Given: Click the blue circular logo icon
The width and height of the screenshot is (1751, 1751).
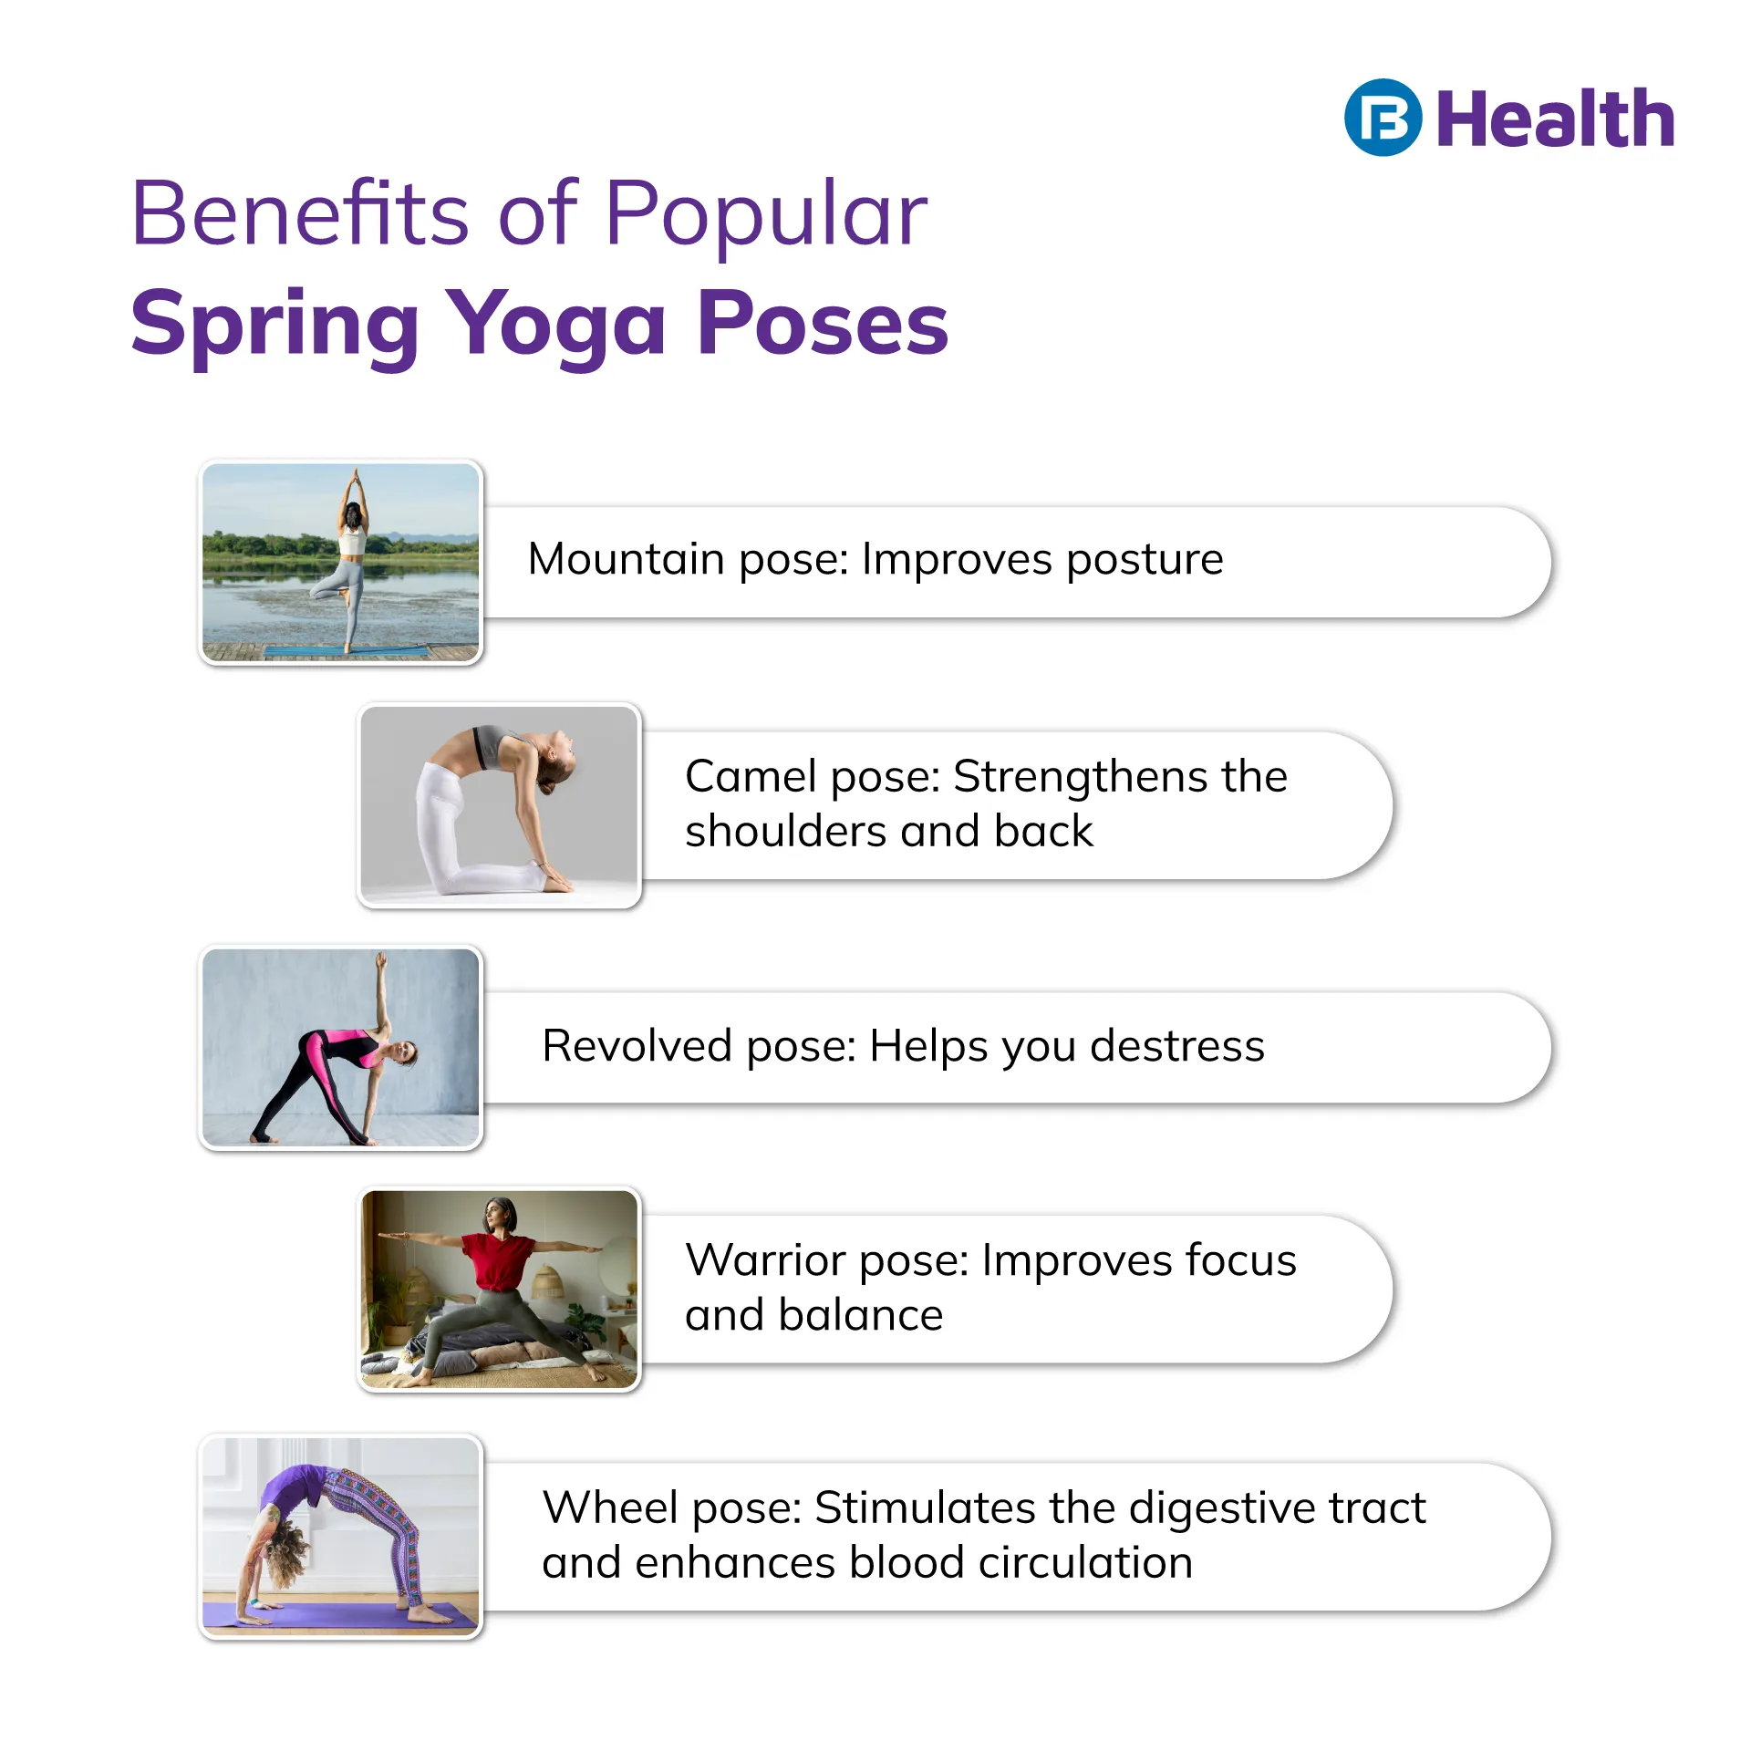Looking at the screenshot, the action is (1383, 118).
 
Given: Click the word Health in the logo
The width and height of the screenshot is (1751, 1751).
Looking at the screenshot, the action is (1555, 119).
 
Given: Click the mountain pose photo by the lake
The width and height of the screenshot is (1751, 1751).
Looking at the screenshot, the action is (340, 562).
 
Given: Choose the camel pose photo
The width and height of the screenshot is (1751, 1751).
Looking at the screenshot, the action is (500, 805).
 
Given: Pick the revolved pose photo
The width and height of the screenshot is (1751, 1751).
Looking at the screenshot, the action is (340, 1047).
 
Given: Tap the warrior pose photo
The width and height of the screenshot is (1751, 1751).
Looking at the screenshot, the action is (500, 1290).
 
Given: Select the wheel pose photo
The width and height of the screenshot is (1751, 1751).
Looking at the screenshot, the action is (340, 1536).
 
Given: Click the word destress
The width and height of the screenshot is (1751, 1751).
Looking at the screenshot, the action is (1177, 1045).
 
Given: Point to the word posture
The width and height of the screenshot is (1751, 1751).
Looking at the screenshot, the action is (1145, 560).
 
